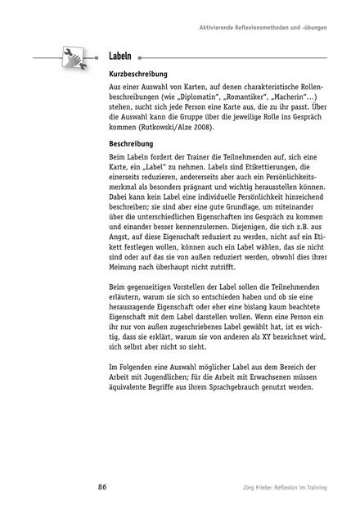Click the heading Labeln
[x=121, y=57]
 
